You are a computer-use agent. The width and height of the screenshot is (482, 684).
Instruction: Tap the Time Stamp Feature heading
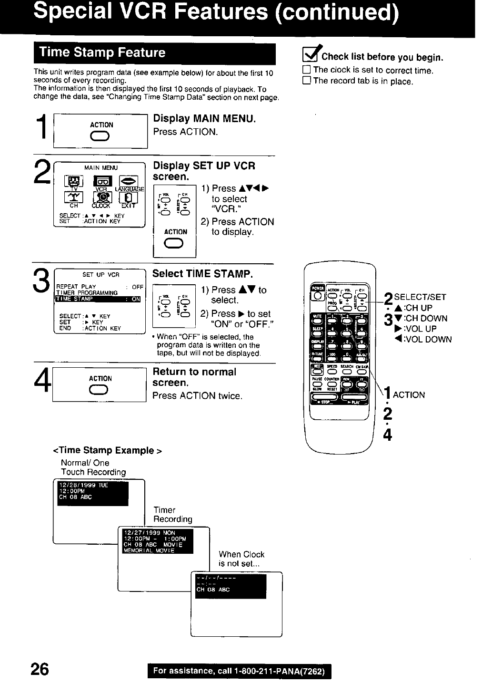(102, 52)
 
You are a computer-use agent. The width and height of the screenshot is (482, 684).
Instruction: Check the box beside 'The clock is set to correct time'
(307, 70)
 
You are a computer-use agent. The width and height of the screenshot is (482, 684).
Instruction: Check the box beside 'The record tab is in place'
(307, 81)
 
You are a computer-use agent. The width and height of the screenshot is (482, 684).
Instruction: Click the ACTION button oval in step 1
(101, 137)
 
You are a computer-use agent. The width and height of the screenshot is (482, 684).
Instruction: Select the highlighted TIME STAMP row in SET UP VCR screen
(98, 299)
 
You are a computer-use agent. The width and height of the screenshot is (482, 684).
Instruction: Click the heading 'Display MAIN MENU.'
(204, 118)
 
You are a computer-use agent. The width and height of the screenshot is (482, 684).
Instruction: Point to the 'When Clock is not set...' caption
(241, 559)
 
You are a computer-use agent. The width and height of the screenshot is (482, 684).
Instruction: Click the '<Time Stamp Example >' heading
(108, 450)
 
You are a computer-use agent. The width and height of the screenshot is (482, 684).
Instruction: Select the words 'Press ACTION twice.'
(197, 395)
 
